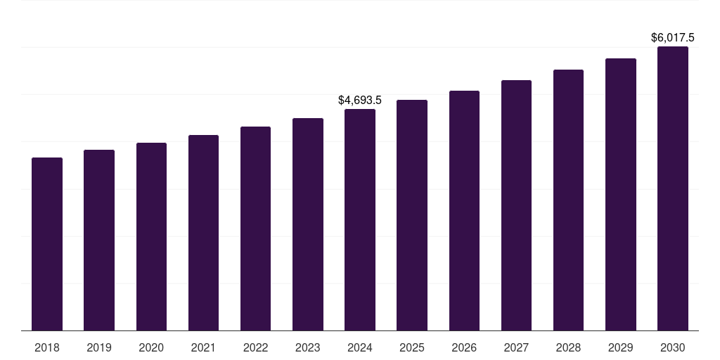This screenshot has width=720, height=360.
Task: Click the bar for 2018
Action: [x=47, y=244]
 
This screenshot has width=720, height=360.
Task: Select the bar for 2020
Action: [x=151, y=237]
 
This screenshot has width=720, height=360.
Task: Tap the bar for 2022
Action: [x=255, y=229]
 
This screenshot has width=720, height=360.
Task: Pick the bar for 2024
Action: [x=360, y=220]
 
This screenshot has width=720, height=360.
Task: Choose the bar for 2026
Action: [x=464, y=211]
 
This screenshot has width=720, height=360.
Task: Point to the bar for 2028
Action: [x=568, y=200]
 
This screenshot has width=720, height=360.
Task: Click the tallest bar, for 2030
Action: [x=673, y=188]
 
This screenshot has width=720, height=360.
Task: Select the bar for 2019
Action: [x=99, y=240]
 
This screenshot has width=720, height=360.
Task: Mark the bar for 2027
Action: [x=516, y=205]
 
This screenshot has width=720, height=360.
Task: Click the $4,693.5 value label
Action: [x=360, y=101]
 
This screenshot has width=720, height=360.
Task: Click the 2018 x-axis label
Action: [x=47, y=347]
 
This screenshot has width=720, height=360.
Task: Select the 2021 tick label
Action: [x=203, y=347]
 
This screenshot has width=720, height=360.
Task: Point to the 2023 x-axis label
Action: [x=308, y=347]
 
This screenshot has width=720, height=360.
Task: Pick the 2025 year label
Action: [x=412, y=347]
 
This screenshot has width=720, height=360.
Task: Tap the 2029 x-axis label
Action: [x=621, y=347]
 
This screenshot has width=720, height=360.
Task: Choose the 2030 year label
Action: [x=673, y=347]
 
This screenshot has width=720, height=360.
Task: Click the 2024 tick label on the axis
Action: [x=360, y=347]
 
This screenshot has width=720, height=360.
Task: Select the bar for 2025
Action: [x=412, y=215]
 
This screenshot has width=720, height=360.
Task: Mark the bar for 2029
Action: [x=621, y=195]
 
